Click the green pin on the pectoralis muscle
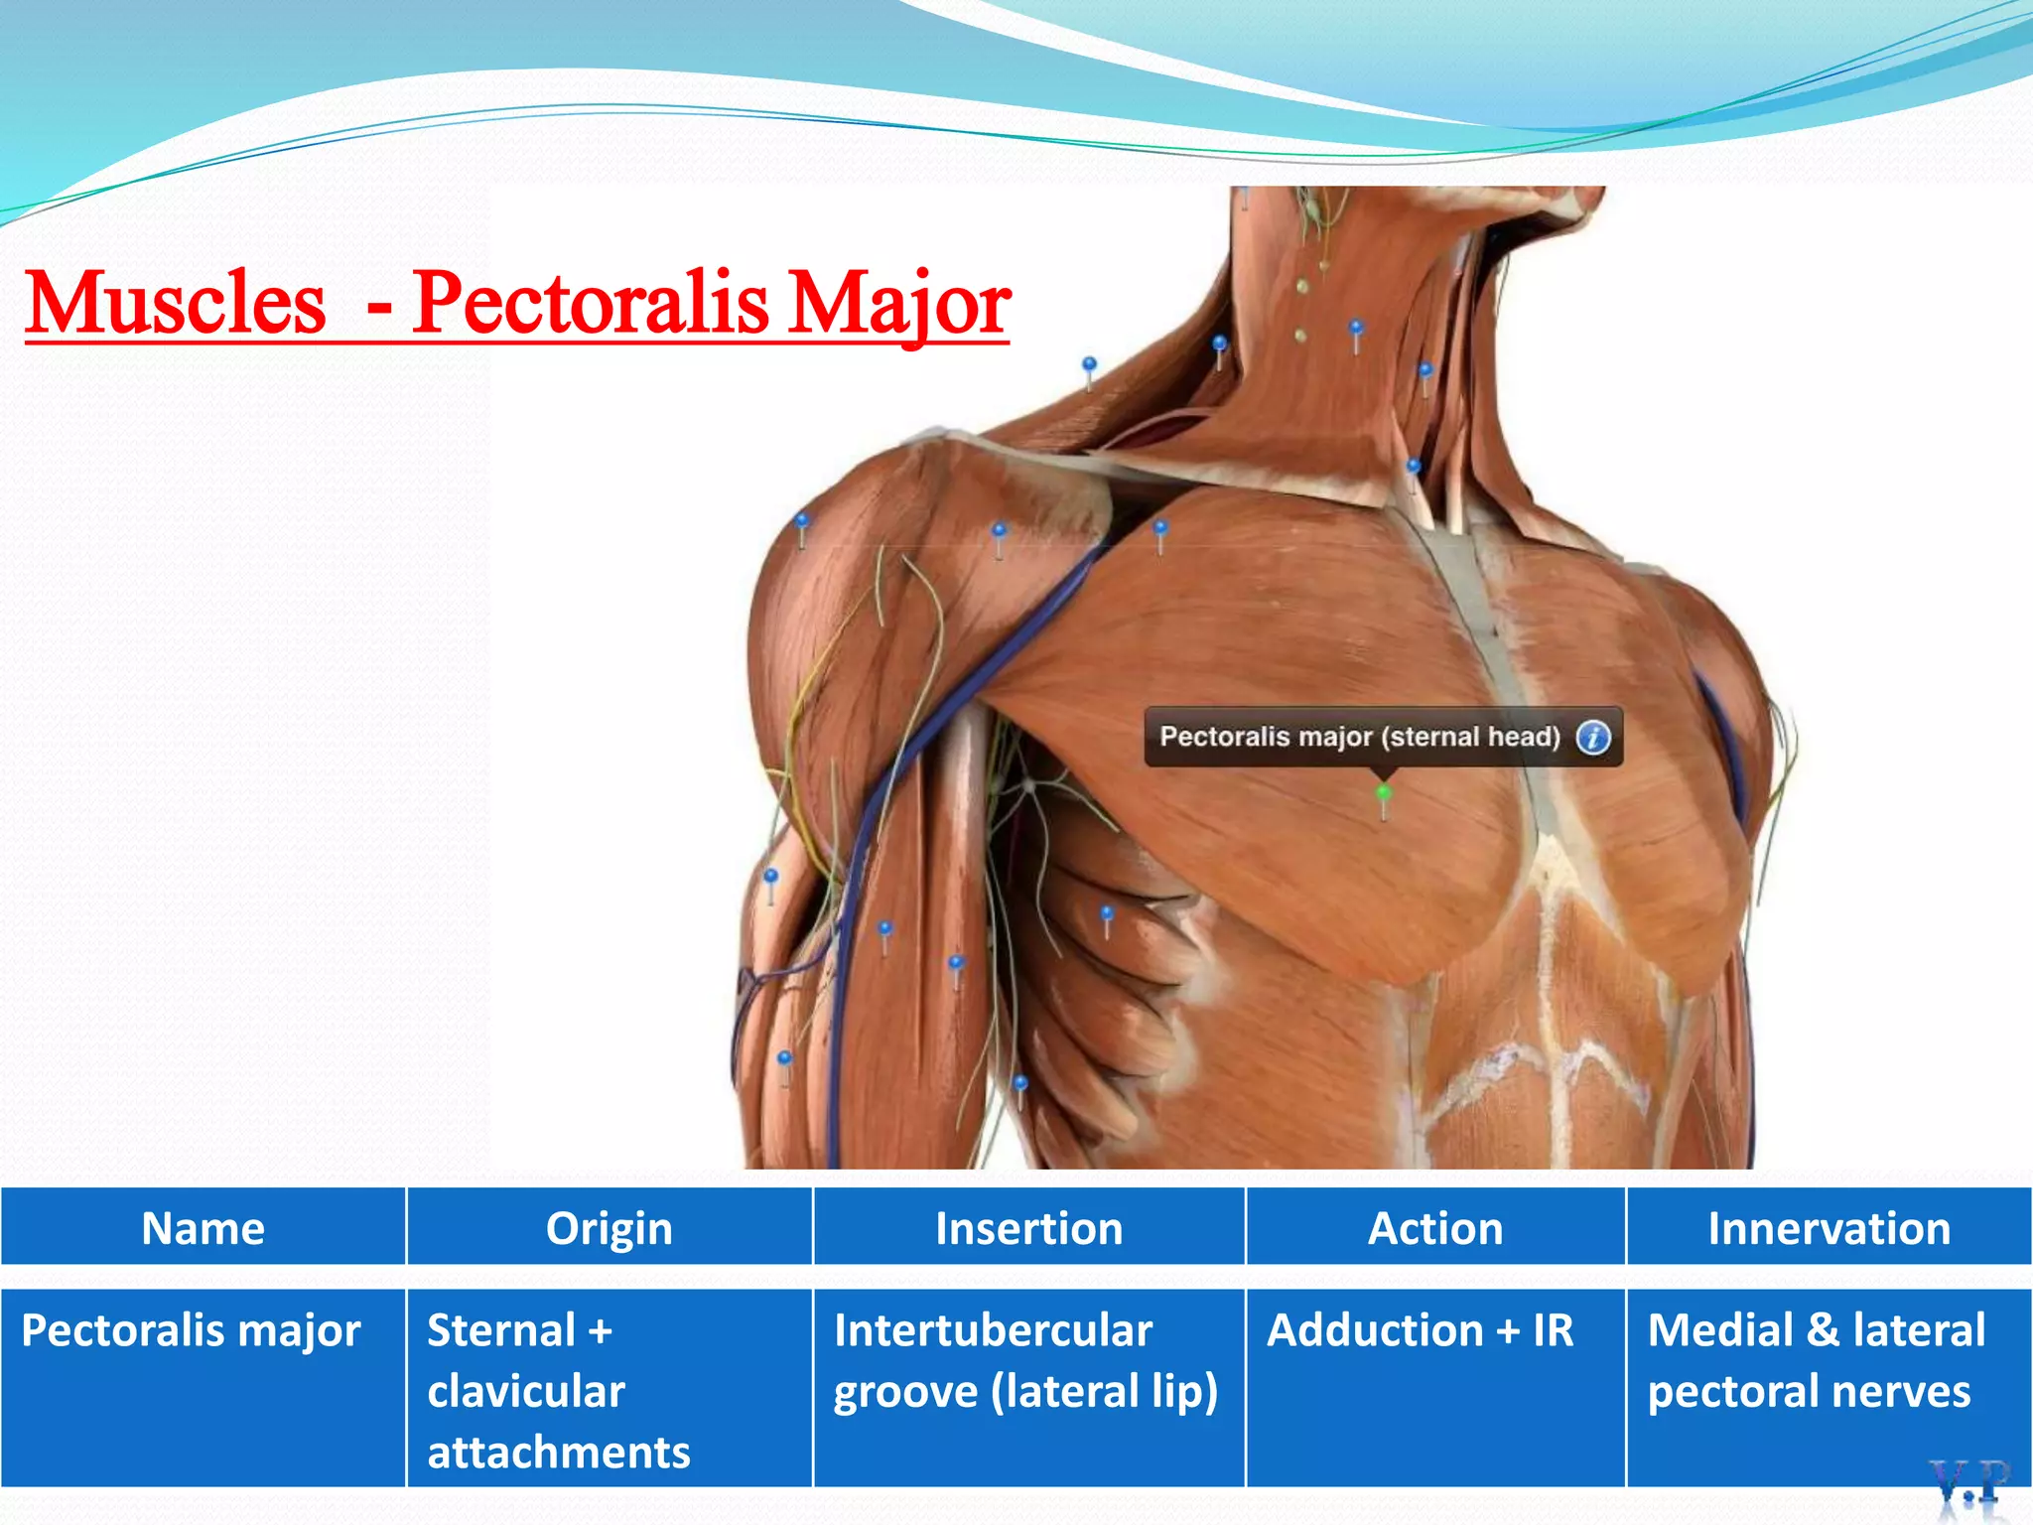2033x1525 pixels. tap(1383, 793)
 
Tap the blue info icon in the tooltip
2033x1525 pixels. tap(1593, 738)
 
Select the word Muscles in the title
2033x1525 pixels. tap(176, 303)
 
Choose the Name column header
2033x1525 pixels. tap(203, 1228)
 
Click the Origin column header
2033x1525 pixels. tap(609, 1228)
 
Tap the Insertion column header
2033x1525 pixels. tap(1028, 1228)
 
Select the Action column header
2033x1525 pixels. tap(1435, 1228)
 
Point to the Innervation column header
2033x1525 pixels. tap(1829, 1228)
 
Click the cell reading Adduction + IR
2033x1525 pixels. tap(1421, 1330)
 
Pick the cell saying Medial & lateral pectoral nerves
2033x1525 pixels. tap(1816, 1360)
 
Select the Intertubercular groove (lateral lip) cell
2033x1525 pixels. tap(1025, 1360)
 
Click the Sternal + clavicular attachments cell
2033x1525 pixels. tap(558, 1390)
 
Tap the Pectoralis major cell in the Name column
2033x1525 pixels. tap(191, 1330)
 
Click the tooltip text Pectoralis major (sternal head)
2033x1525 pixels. tap(1359, 737)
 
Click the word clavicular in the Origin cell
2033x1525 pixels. tap(526, 1391)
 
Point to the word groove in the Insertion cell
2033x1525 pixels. tap(904, 1392)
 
